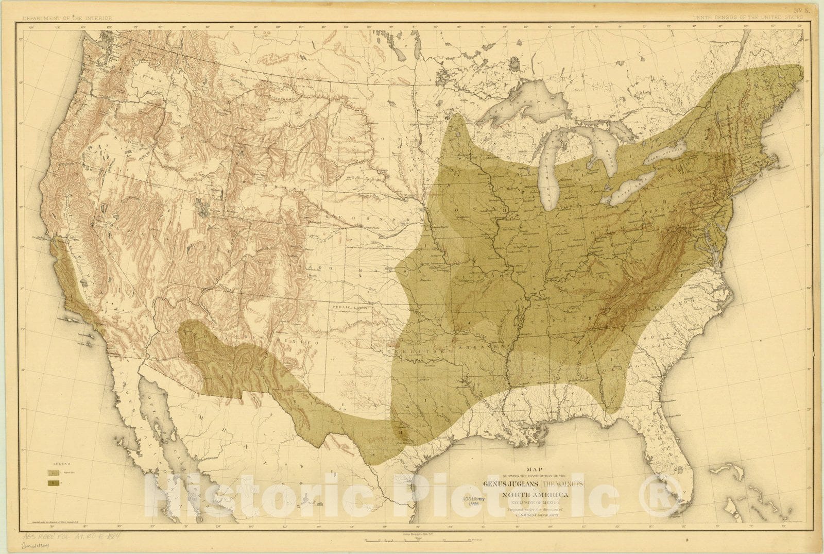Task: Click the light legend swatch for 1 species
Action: tap(52, 472)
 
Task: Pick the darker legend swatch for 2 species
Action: tap(52, 483)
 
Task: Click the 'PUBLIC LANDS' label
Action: tap(349, 308)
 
